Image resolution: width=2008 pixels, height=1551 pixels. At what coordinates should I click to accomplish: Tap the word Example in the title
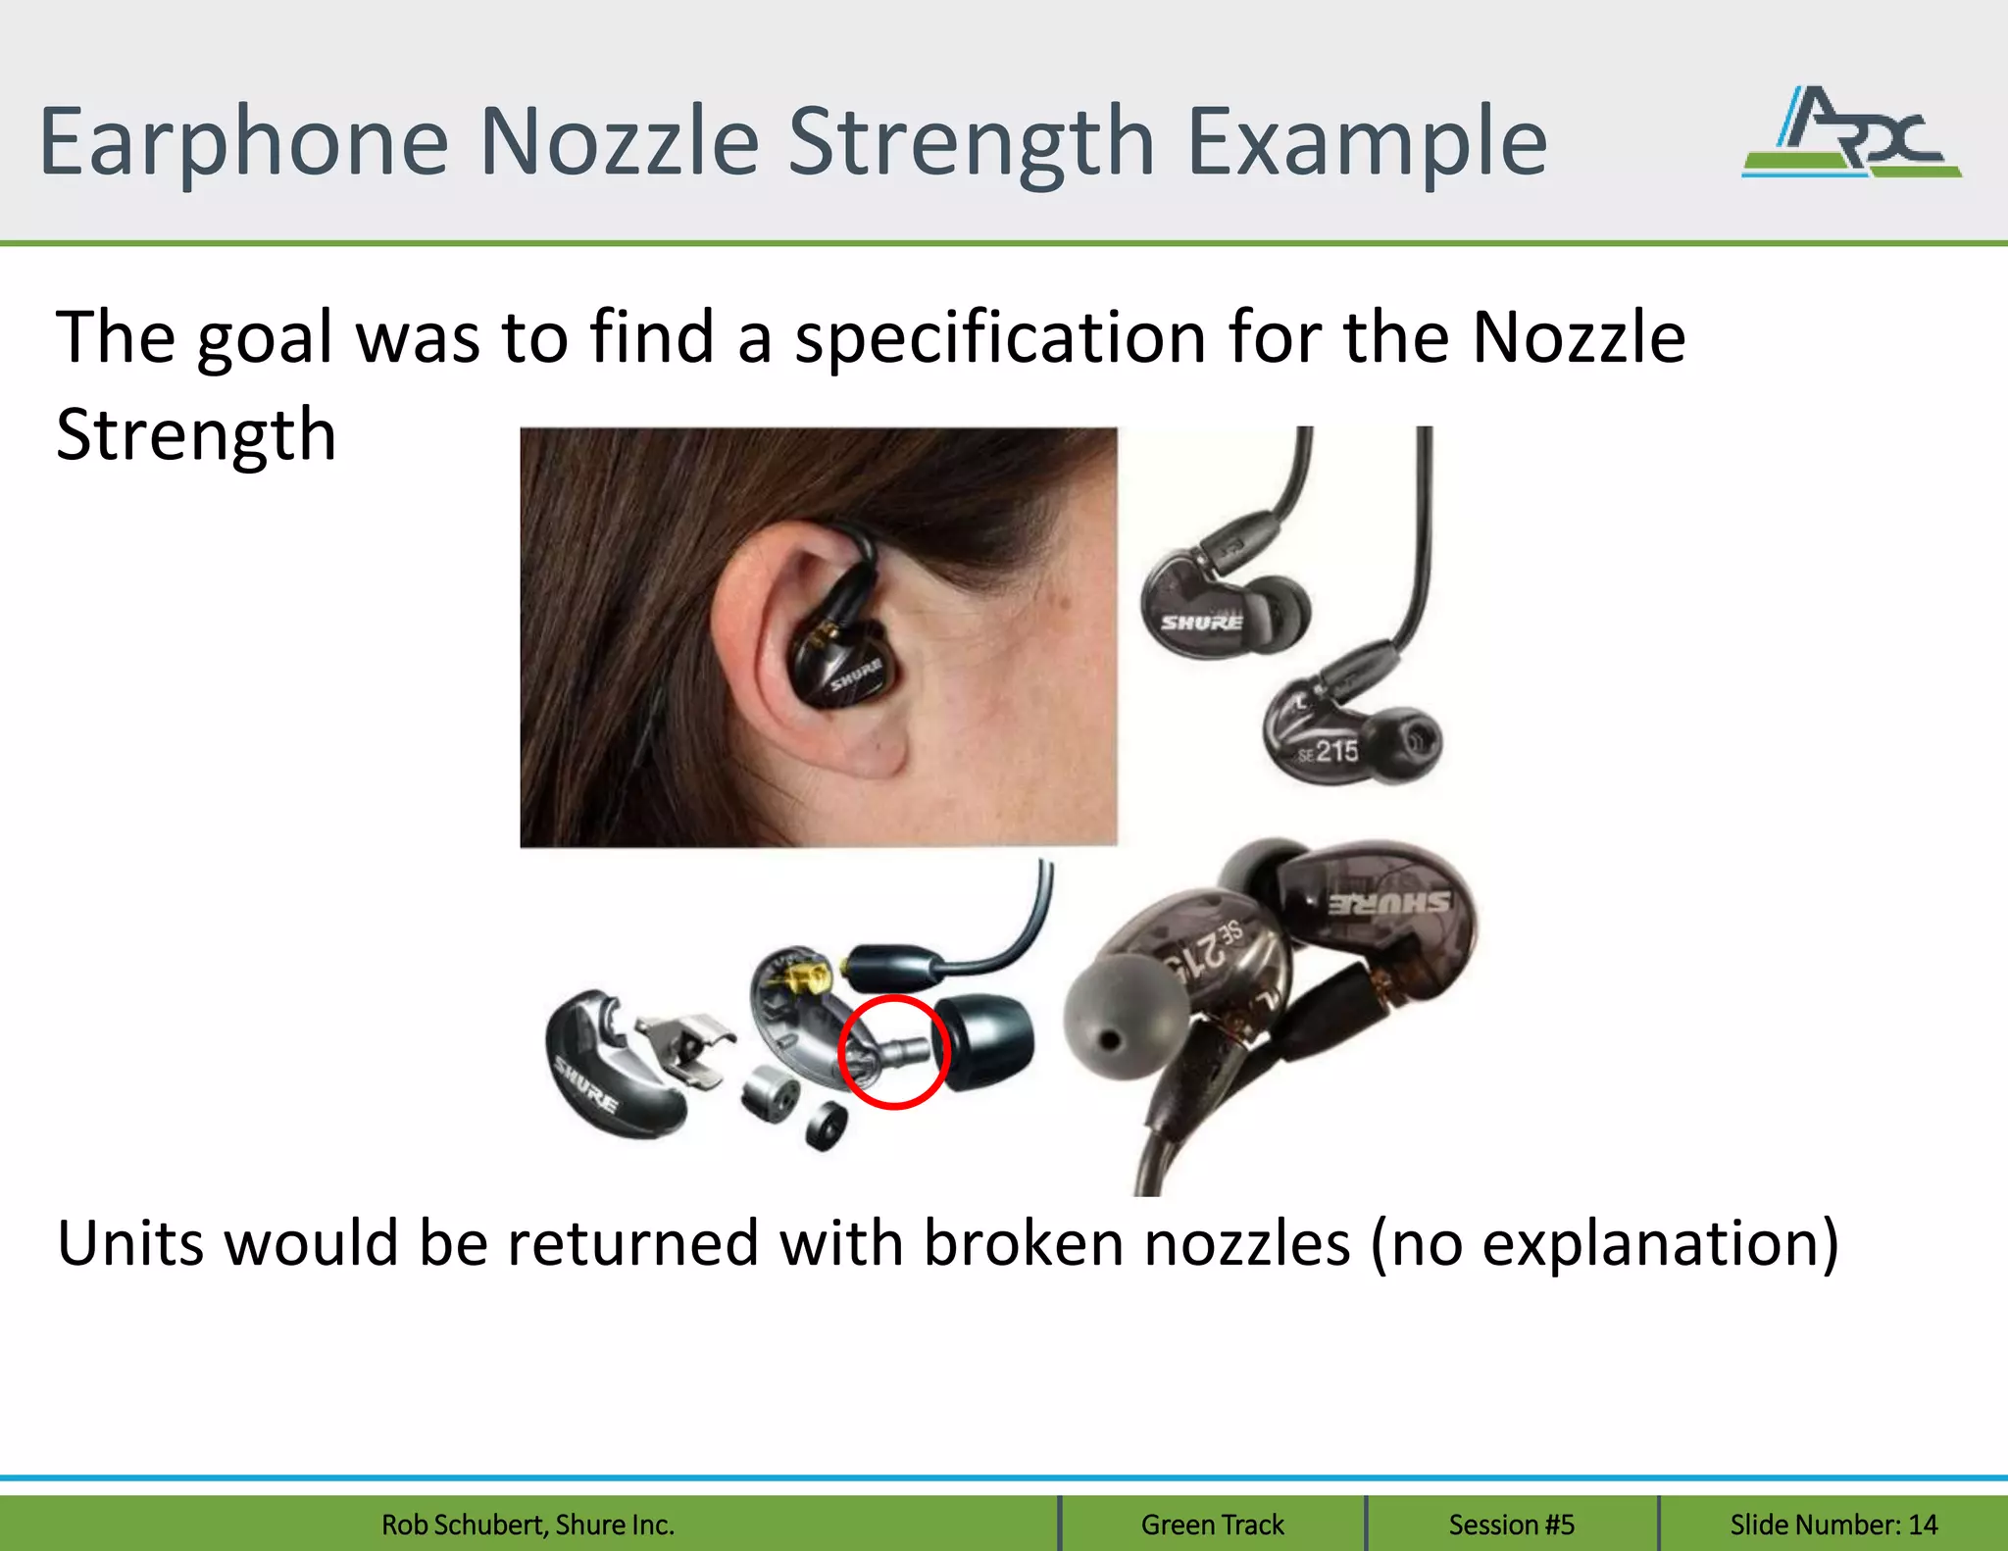point(1367,143)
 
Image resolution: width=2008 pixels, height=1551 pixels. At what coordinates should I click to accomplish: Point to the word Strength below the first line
point(196,434)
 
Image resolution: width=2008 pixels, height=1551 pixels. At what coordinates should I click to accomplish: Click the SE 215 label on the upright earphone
point(1329,753)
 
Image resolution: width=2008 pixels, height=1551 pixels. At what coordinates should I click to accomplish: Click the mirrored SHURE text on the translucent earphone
point(1390,903)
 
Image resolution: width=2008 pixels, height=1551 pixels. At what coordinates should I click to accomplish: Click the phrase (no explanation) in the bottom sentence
point(1603,1244)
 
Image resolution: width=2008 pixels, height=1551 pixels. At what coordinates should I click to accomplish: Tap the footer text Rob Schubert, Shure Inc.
point(527,1525)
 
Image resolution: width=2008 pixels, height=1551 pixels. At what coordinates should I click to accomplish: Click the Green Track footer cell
point(1212,1525)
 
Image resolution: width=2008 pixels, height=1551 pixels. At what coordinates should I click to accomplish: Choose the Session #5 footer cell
point(1511,1525)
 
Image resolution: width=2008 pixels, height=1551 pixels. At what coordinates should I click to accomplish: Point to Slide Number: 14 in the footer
point(1832,1525)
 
